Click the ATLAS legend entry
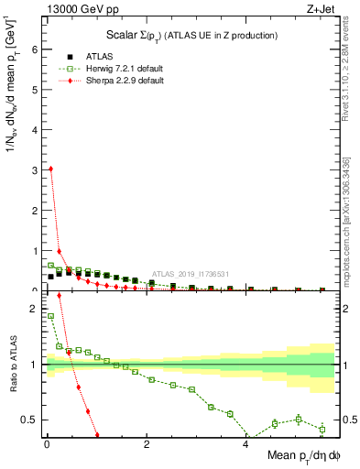[87, 56]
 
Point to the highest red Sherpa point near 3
[50, 169]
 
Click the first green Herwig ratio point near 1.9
[50, 316]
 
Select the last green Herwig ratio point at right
[322, 429]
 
